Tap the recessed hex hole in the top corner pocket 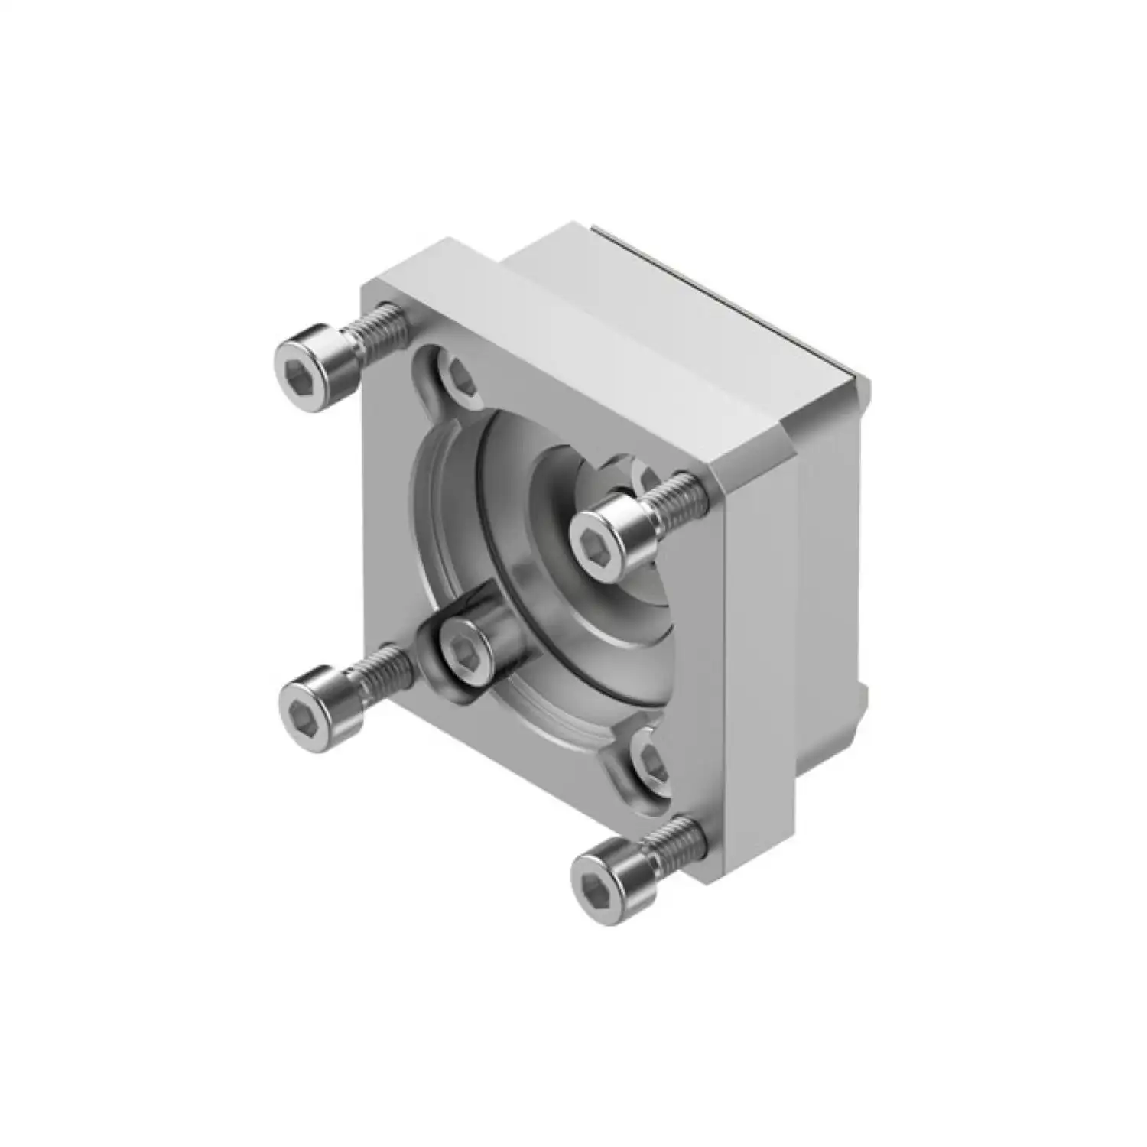(x=461, y=375)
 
